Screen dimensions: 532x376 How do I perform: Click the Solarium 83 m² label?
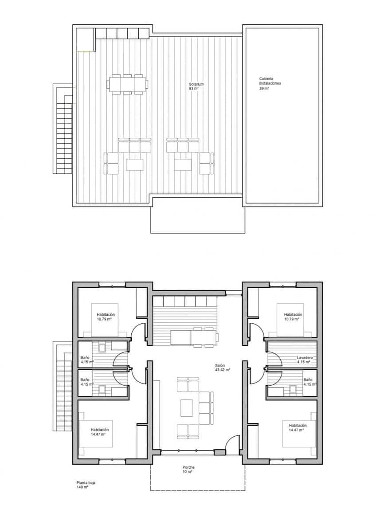pos(193,86)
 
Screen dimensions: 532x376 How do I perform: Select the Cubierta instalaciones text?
pos(270,83)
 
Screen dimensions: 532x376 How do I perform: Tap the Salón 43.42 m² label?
pos(222,368)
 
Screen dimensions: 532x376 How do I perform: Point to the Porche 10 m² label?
pos(188,469)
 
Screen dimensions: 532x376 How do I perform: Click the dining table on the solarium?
pos(127,84)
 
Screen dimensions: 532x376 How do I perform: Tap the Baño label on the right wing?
pos(308,382)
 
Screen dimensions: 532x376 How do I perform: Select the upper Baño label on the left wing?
pos(85,360)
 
